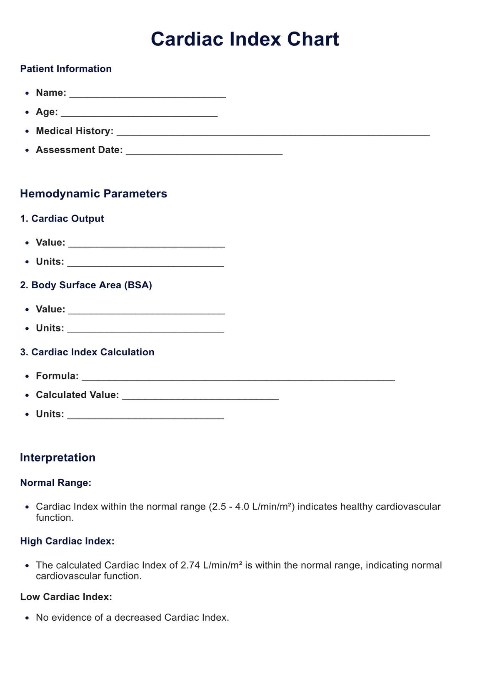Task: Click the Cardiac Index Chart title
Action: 245,39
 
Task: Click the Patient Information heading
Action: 66,69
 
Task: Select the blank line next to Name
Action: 147,93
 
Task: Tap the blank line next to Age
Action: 139,112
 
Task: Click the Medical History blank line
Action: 273,132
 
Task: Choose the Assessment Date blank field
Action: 204,150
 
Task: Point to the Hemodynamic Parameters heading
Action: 93,194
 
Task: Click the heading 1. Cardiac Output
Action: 62,219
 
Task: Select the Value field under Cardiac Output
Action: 147,243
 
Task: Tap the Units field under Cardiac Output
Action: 145,262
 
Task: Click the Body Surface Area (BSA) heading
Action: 86,285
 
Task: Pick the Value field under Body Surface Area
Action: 147,310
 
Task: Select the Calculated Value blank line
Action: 200,395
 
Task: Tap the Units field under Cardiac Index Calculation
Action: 145,414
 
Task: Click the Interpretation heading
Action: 57,457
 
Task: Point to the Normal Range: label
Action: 55,483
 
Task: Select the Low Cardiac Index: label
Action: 66,597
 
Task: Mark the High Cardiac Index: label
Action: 67,541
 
